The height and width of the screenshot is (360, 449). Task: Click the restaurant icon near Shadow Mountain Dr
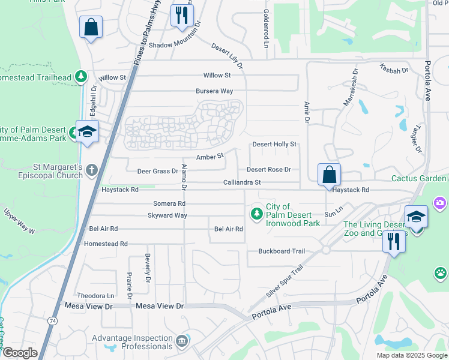coord(182,15)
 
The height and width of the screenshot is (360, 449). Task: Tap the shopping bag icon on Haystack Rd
coord(329,175)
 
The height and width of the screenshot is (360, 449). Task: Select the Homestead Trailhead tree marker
coord(80,77)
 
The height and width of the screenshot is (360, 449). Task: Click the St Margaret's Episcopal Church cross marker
coord(91,170)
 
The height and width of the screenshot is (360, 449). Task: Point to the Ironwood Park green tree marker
coord(257,213)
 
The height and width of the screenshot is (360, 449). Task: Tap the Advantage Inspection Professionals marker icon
coord(182,341)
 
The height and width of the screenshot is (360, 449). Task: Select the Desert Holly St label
coord(274,145)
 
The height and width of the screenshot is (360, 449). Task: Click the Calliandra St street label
coord(242,182)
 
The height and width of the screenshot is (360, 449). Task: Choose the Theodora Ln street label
coord(95,296)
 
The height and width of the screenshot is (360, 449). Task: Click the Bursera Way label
coord(214,91)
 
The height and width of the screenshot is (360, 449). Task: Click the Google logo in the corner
coord(20,353)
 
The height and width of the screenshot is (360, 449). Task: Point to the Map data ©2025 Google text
coord(411,355)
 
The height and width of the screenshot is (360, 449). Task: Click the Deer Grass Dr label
coord(157,171)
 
